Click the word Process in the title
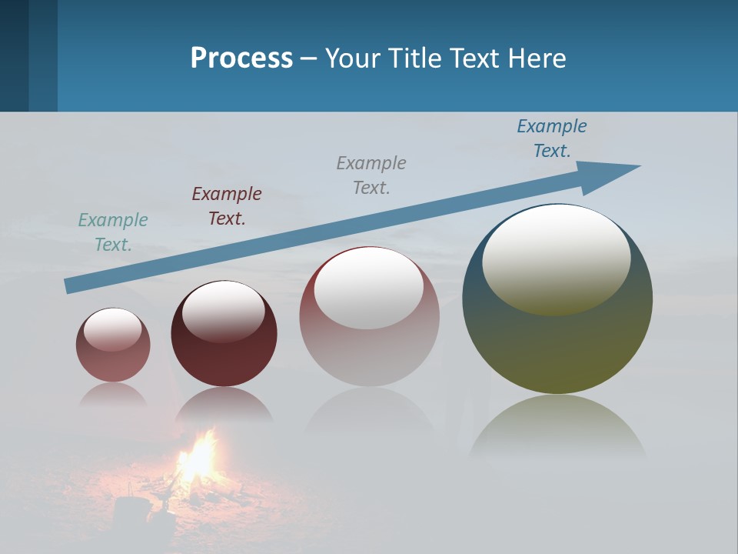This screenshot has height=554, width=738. click(x=241, y=58)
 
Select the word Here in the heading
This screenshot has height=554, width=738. click(x=537, y=58)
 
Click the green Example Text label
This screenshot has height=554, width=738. click(x=113, y=232)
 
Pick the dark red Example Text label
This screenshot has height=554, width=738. click(x=227, y=205)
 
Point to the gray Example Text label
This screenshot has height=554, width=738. click(x=371, y=175)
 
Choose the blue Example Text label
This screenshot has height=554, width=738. click(x=552, y=138)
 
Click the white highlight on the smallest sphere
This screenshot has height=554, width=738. click(x=113, y=329)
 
